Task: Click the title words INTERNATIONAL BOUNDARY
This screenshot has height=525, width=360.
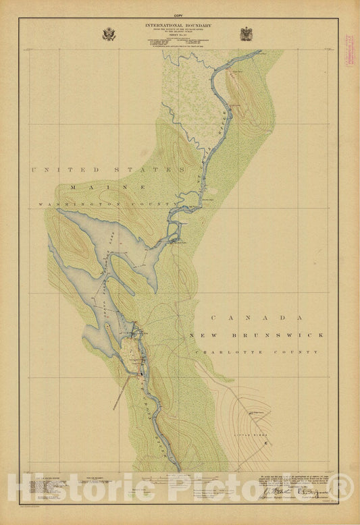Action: coord(178,25)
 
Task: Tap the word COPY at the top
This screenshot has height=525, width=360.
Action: coord(178,14)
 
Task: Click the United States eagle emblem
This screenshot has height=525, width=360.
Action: coord(109,34)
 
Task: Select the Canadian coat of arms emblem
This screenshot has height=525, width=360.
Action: coord(247,34)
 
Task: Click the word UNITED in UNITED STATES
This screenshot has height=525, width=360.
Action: coord(65,169)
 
